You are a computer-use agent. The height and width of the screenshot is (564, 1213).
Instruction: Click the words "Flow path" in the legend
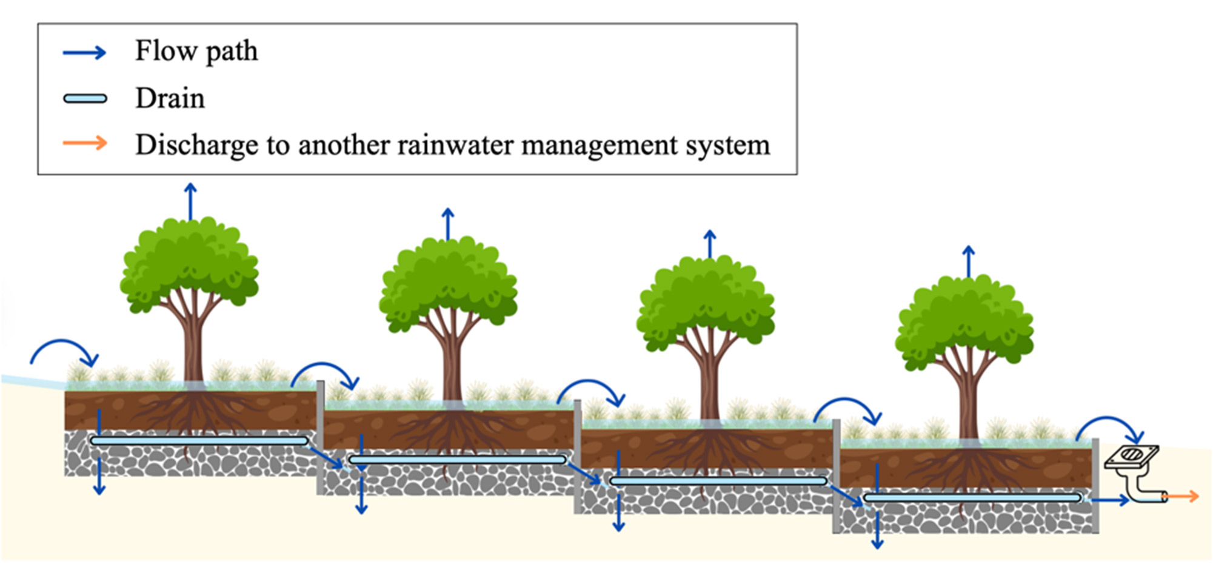pos(196,51)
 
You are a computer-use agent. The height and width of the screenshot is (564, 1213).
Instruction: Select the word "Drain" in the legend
pos(170,98)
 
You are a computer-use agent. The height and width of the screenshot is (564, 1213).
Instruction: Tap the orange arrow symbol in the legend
pos(85,144)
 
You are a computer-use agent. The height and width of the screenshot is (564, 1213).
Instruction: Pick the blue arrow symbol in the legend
pos(85,53)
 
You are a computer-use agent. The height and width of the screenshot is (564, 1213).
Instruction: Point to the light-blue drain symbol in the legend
pos(85,99)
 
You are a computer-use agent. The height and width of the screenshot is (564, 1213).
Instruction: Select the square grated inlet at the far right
pos(1131,457)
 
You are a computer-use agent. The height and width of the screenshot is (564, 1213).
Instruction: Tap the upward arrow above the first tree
pos(191,201)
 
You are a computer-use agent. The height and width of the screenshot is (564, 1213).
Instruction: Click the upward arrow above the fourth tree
pos(969,261)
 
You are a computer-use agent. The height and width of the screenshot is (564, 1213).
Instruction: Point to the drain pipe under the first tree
pos(199,441)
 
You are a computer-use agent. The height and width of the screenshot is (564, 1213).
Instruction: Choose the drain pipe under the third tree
pos(718,481)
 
